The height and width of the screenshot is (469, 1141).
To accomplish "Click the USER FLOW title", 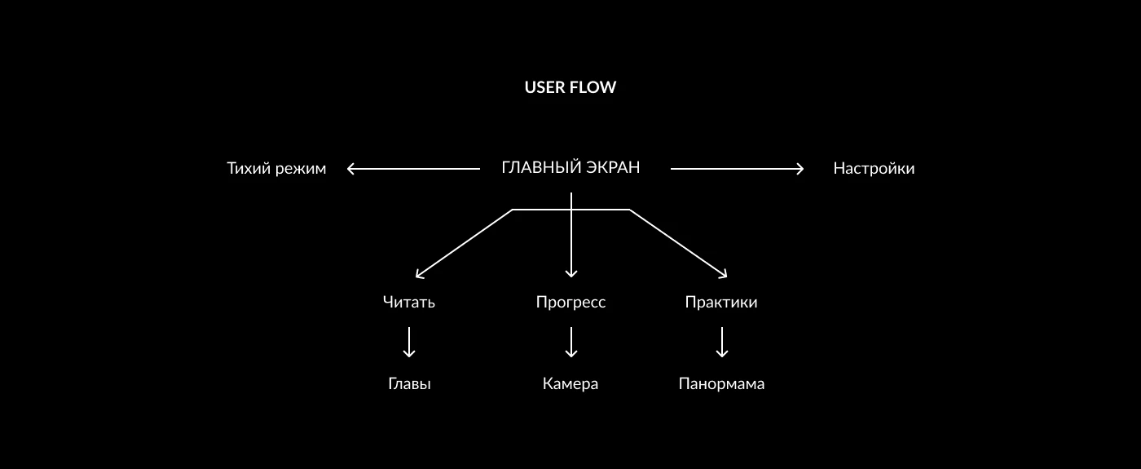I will tap(570, 87).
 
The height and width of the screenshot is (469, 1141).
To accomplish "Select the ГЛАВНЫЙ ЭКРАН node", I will tap(570, 168).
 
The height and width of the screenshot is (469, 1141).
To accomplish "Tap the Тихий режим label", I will tap(276, 169).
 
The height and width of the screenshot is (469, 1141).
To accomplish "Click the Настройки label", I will tap(874, 169).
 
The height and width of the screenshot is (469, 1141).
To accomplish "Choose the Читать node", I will tap(409, 302).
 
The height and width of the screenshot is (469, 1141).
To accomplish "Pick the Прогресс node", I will tap(570, 302).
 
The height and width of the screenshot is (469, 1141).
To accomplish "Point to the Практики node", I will tap(721, 302).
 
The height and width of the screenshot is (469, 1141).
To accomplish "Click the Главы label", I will tap(409, 383).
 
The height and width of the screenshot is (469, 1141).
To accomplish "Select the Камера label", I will tap(570, 383).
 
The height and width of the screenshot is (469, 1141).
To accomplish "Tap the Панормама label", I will tap(721, 383).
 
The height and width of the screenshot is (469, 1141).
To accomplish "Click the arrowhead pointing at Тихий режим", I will tap(350, 169).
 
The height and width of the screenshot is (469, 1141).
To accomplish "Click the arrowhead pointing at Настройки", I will tap(800, 169).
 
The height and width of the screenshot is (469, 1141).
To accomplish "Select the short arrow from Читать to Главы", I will tap(409, 342).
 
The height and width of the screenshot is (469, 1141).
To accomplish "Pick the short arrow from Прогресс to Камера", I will tap(571, 342).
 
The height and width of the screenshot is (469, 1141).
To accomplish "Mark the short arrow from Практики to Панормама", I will tap(721, 342).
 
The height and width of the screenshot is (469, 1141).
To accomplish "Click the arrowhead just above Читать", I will tap(419, 276).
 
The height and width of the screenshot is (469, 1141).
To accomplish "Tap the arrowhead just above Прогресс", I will tap(571, 275).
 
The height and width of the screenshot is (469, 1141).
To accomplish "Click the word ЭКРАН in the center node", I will tap(612, 168).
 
